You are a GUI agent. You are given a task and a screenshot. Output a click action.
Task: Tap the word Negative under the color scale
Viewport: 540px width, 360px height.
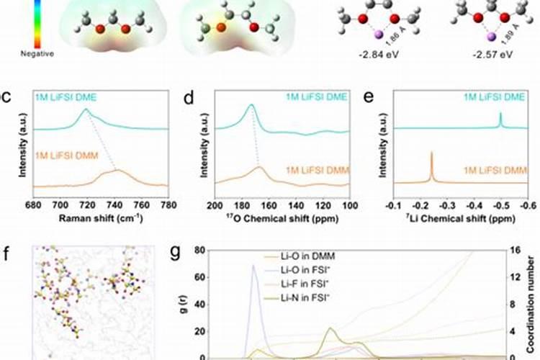click(30, 53)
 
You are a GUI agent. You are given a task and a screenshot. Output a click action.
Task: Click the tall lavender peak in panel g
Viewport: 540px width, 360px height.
click(253, 268)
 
